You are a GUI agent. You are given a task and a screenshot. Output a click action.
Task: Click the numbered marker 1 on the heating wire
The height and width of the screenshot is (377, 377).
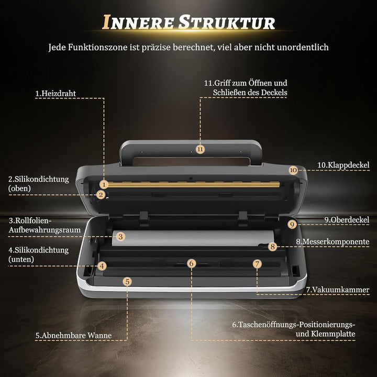click(104, 184)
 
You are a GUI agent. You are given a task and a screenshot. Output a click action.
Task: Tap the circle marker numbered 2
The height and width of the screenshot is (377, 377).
click(101, 194)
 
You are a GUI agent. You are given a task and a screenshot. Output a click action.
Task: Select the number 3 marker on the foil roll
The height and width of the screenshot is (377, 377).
click(121, 237)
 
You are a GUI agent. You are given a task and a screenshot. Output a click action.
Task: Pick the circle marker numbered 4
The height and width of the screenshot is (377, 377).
click(102, 266)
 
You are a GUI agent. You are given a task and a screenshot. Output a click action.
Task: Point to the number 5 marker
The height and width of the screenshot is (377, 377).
click(127, 282)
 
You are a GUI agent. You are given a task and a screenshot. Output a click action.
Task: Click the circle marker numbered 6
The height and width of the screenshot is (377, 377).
click(192, 263)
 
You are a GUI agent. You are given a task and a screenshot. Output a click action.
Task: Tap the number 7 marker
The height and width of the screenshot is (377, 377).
click(257, 264)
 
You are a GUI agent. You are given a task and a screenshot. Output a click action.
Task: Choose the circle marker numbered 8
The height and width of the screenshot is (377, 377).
click(272, 247)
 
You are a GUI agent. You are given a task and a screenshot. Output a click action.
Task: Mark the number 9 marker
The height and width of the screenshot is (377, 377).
click(292, 225)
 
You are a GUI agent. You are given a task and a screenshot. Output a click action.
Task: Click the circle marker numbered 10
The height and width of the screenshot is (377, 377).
click(293, 170)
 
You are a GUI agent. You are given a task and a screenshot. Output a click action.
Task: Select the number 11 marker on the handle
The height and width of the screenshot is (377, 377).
click(200, 149)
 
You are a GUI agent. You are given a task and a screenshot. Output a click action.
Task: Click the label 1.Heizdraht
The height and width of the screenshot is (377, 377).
click(56, 93)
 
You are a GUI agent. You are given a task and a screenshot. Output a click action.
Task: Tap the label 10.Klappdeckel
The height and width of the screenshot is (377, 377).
click(343, 165)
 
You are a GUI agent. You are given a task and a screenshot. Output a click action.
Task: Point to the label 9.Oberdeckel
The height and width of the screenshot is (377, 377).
click(347, 219)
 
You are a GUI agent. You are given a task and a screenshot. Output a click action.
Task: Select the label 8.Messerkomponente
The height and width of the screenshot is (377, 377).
click(332, 241)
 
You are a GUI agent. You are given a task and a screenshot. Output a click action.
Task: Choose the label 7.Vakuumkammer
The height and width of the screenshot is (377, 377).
click(338, 290)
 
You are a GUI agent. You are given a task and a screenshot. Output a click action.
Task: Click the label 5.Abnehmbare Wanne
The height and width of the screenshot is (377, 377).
click(74, 335)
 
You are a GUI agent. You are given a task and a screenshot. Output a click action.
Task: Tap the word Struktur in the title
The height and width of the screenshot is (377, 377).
click(227, 23)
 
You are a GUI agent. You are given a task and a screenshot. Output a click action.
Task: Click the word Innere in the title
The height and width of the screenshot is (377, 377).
click(138, 23)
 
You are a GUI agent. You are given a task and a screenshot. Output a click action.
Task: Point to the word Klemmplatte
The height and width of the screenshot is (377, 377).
click(333, 334)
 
